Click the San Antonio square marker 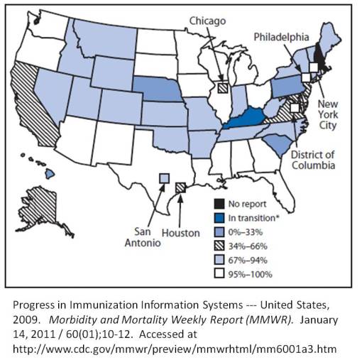tap(163, 178)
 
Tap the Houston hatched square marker tap(180, 187)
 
